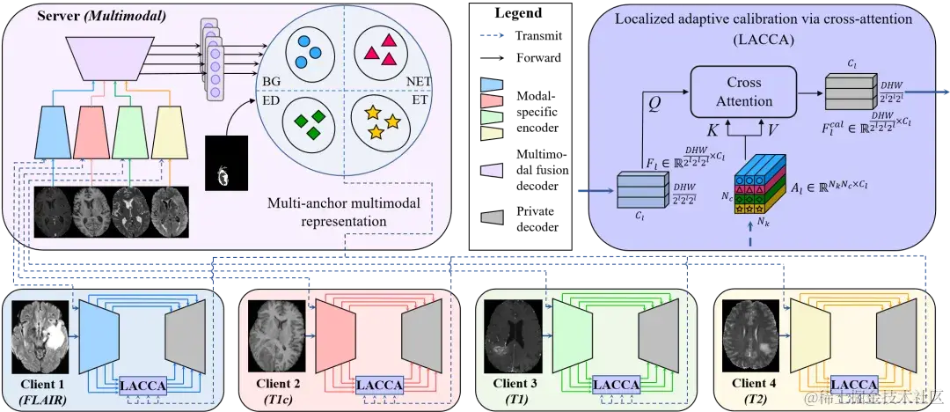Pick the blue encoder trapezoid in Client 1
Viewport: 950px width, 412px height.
(99, 335)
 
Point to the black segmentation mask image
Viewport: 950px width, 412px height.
(227, 164)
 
